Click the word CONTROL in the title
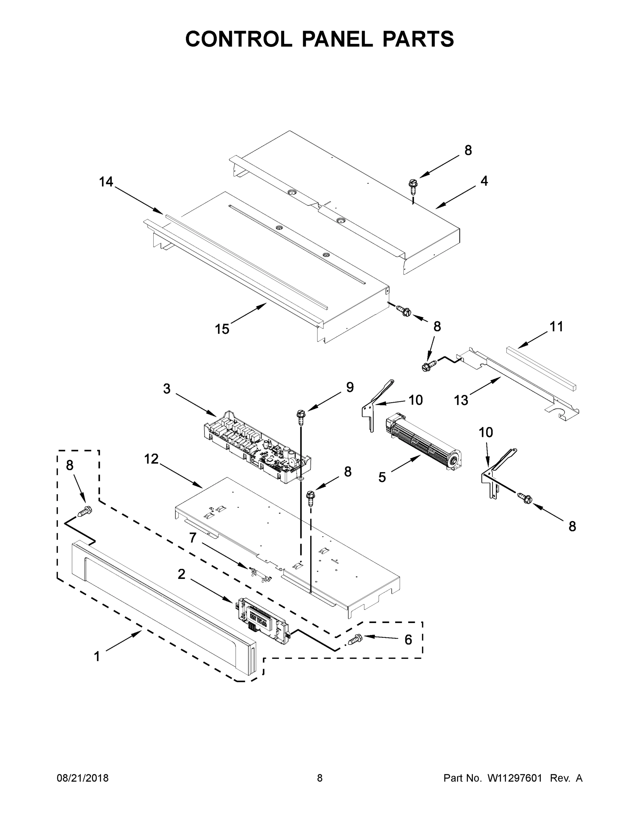click(238, 39)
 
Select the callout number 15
click(222, 329)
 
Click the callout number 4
click(484, 181)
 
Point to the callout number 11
click(556, 326)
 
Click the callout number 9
click(350, 387)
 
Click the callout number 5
click(382, 478)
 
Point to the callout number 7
click(193, 537)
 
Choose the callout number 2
click(181, 574)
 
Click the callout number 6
click(408, 640)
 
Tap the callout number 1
click(97, 656)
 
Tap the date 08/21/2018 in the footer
click(83, 778)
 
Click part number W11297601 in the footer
click(515, 778)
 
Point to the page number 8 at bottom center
click(320, 778)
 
